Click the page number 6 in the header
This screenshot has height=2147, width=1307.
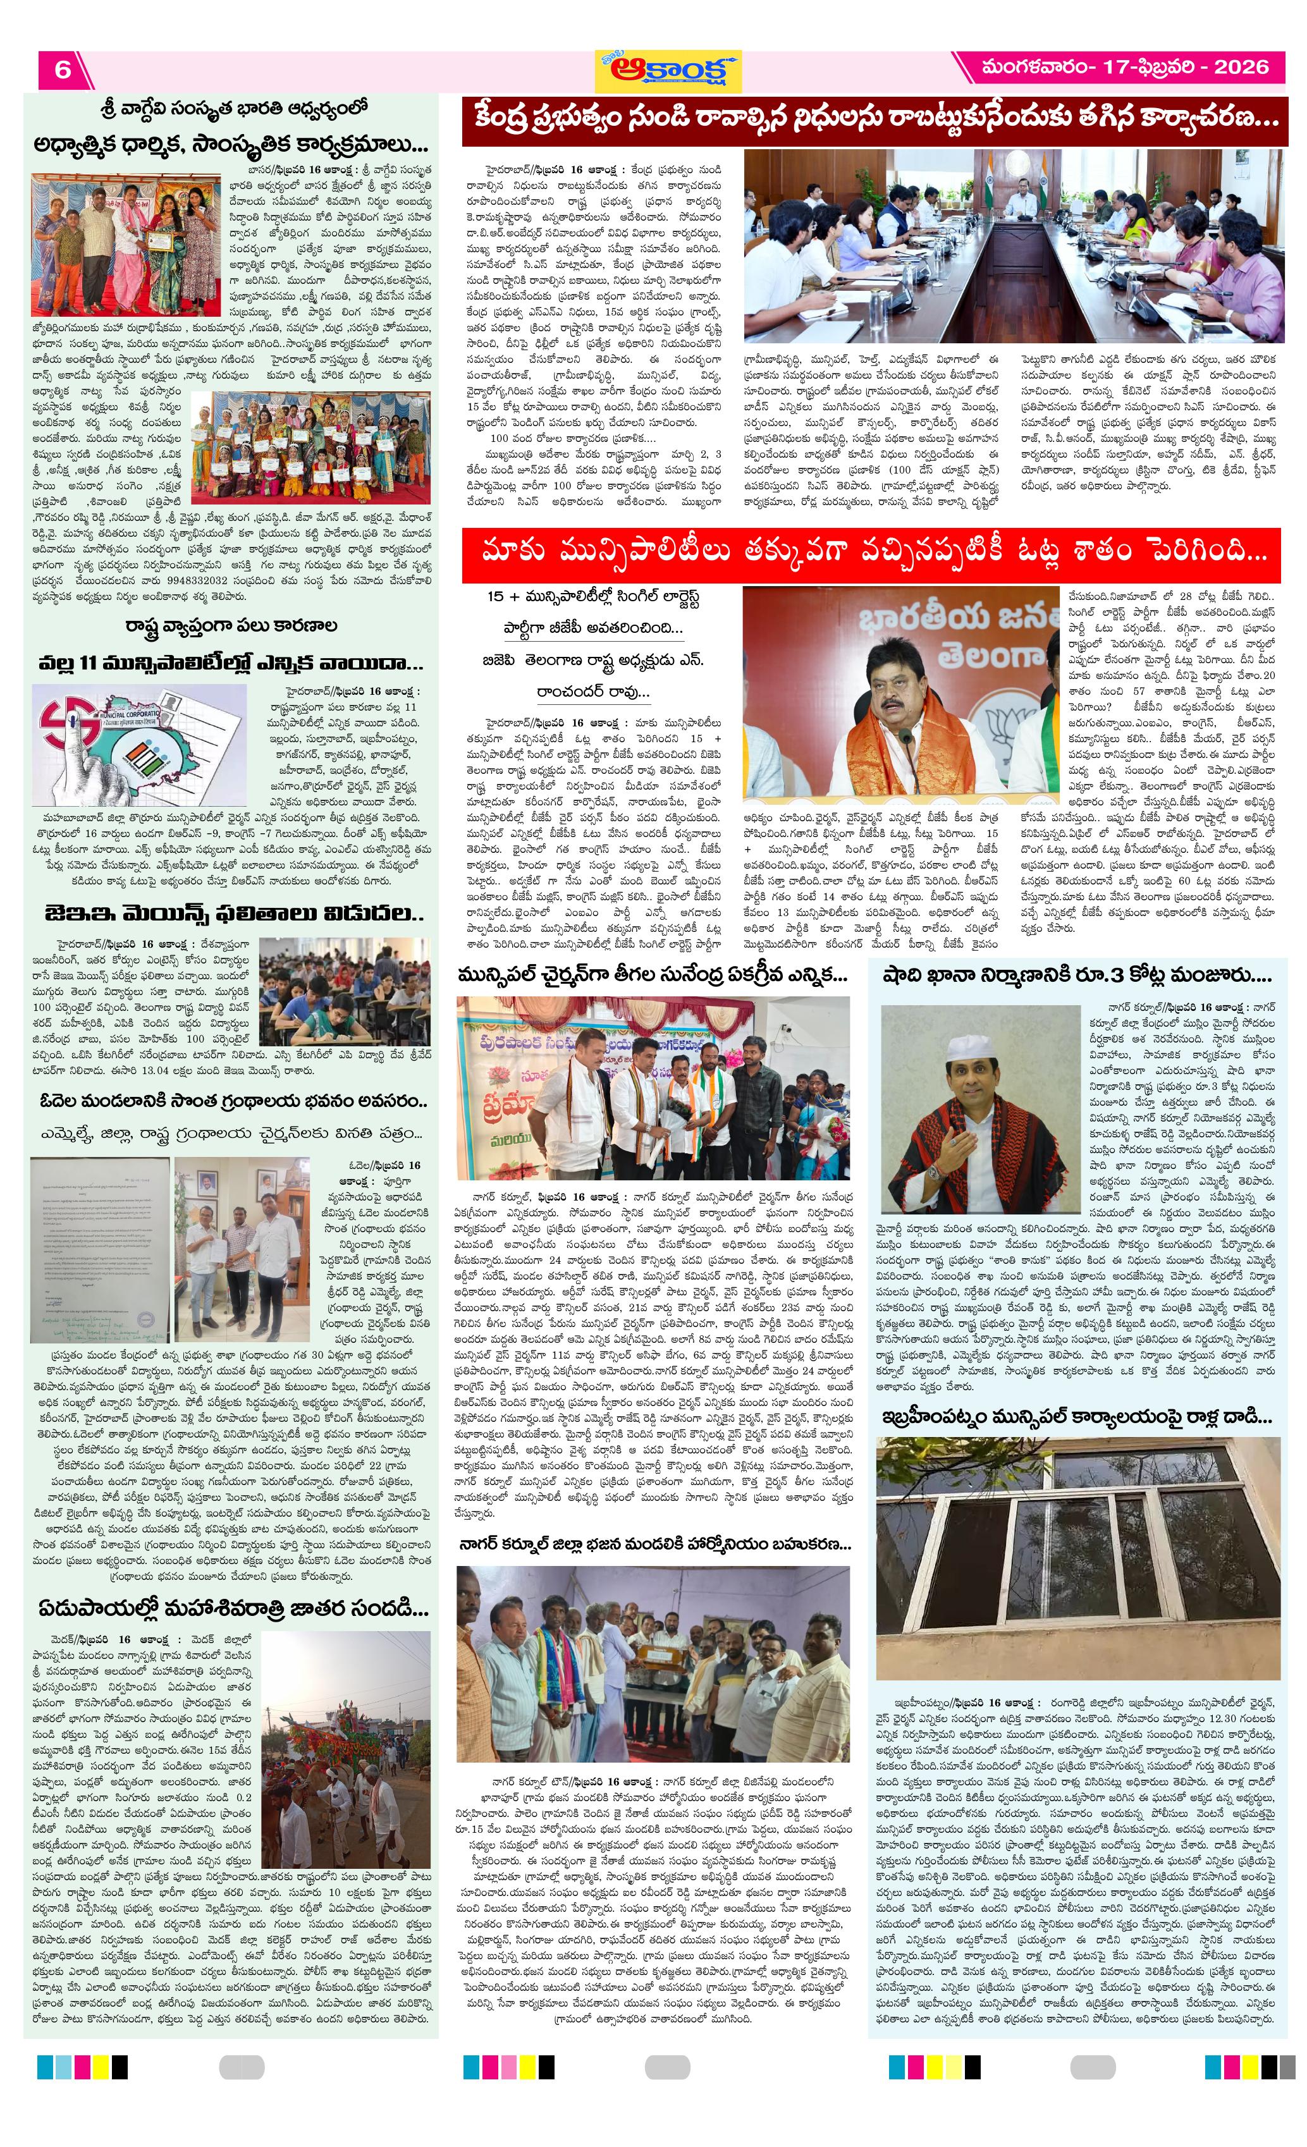(x=62, y=69)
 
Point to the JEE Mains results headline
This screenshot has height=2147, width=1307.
(x=233, y=914)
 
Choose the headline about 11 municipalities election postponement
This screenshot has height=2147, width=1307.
(x=230, y=663)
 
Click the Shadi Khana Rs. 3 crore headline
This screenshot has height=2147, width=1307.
(x=1077, y=975)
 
